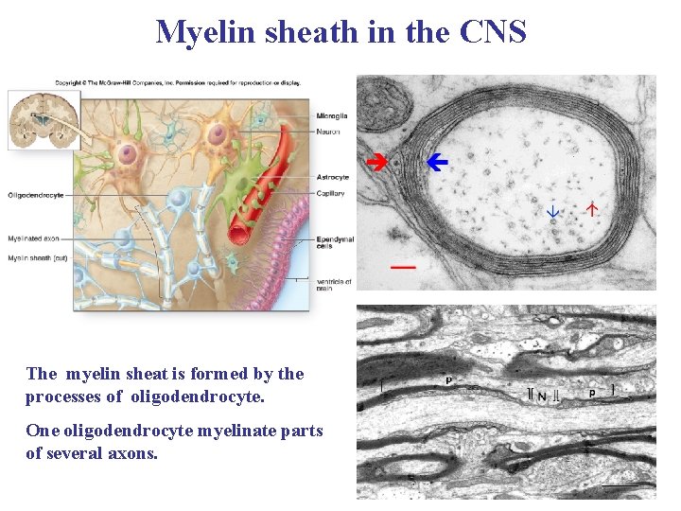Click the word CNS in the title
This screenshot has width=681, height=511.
[x=493, y=32]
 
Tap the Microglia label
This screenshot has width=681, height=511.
[x=332, y=115]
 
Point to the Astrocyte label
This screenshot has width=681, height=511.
[x=333, y=177]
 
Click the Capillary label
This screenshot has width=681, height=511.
[x=332, y=193]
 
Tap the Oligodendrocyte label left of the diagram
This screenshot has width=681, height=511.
[x=36, y=195]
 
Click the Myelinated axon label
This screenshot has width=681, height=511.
[x=34, y=238]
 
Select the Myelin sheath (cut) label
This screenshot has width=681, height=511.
[x=37, y=257]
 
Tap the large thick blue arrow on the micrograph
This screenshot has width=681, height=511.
[x=436, y=163]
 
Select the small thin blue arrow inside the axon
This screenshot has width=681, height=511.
[x=554, y=212]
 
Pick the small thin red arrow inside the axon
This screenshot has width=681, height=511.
[x=593, y=208]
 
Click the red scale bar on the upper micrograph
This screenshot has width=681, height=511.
[x=403, y=268]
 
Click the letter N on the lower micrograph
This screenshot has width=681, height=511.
[x=542, y=396]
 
